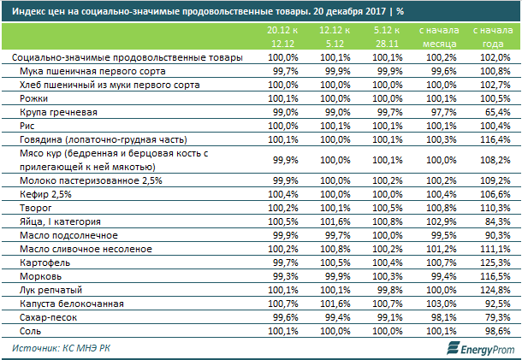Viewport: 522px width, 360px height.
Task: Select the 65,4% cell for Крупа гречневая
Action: [x=497, y=112]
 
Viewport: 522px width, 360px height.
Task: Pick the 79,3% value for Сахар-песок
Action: [x=497, y=317]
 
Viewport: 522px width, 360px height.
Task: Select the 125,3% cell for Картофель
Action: [x=495, y=263]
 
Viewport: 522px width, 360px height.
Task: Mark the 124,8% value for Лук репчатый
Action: [x=495, y=290]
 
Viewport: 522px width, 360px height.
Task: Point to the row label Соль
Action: [x=32, y=331]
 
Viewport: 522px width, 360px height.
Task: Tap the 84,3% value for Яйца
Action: [x=497, y=221]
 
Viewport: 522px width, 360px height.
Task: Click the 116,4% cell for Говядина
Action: [x=495, y=139]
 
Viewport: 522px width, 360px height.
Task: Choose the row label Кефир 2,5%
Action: [x=42, y=194]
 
